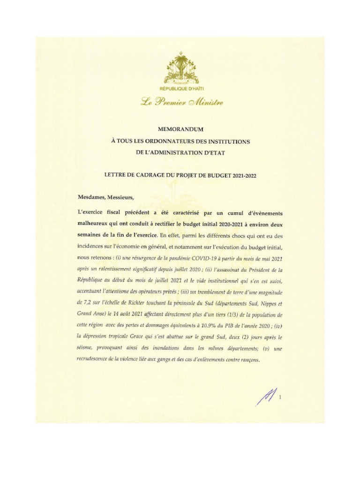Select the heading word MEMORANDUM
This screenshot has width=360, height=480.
click(180, 129)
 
